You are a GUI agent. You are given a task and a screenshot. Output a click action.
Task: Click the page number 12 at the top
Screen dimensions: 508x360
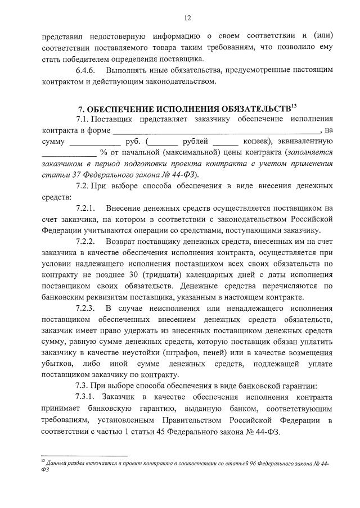pos(187,18)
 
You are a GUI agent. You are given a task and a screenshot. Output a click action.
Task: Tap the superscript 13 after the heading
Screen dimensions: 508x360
pos(294,105)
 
